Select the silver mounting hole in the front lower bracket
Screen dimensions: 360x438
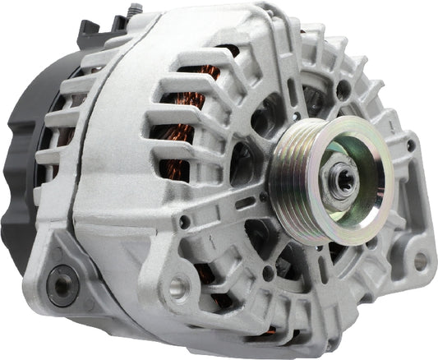point(179,288)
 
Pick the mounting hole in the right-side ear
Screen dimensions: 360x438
point(420,261)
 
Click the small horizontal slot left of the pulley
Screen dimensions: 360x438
point(245,201)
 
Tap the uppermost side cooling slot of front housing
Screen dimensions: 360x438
point(201,62)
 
